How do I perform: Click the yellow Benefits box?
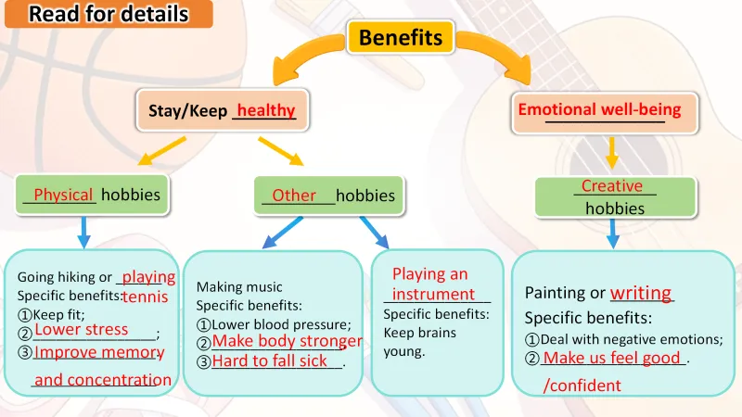(x=400, y=37)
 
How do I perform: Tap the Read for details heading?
(x=109, y=14)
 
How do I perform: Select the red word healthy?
(x=266, y=110)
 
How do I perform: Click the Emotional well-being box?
(x=599, y=109)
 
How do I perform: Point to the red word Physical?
(x=63, y=195)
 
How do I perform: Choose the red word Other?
(x=294, y=196)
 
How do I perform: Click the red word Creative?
(x=611, y=185)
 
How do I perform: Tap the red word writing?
(x=641, y=293)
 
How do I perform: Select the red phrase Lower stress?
(x=82, y=330)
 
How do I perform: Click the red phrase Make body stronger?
(x=287, y=341)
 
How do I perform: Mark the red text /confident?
(x=582, y=385)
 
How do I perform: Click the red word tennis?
(x=146, y=297)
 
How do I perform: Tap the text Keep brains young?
(x=419, y=342)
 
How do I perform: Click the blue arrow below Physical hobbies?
(x=83, y=232)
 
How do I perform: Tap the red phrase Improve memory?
(x=99, y=352)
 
